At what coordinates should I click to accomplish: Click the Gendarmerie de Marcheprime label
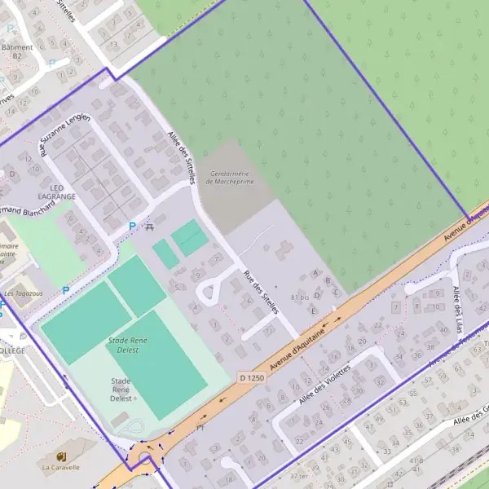click(231, 177)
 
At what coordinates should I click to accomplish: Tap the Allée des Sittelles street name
click(182, 155)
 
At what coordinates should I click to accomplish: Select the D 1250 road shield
click(253, 377)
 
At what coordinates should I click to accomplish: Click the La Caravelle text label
click(61, 468)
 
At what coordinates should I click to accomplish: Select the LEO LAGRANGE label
click(56, 192)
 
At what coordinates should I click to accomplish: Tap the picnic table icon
click(148, 226)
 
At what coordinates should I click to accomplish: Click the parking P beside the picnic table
click(132, 226)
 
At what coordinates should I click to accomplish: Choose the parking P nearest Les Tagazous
click(66, 289)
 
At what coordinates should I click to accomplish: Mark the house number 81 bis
click(300, 298)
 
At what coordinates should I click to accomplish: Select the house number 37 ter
click(298, 476)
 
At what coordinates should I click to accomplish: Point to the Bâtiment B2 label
click(17, 51)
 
